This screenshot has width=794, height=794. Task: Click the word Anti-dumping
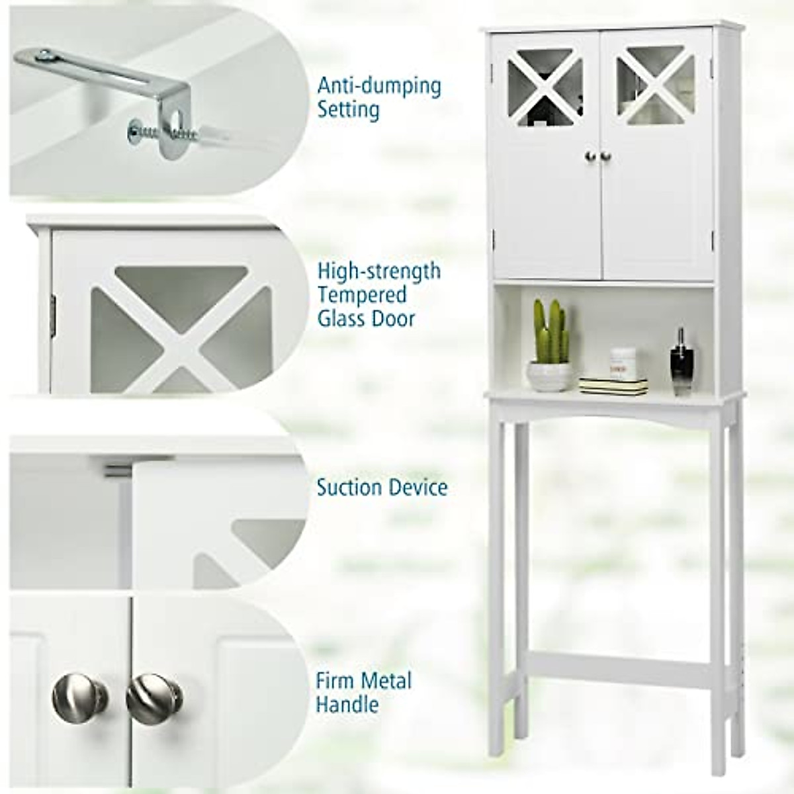[378, 86]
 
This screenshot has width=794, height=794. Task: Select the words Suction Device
[382, 488]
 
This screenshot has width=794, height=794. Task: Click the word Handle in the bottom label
[347, 704]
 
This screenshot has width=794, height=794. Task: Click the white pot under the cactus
[549, 375]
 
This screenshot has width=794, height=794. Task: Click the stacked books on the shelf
[613, 384]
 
